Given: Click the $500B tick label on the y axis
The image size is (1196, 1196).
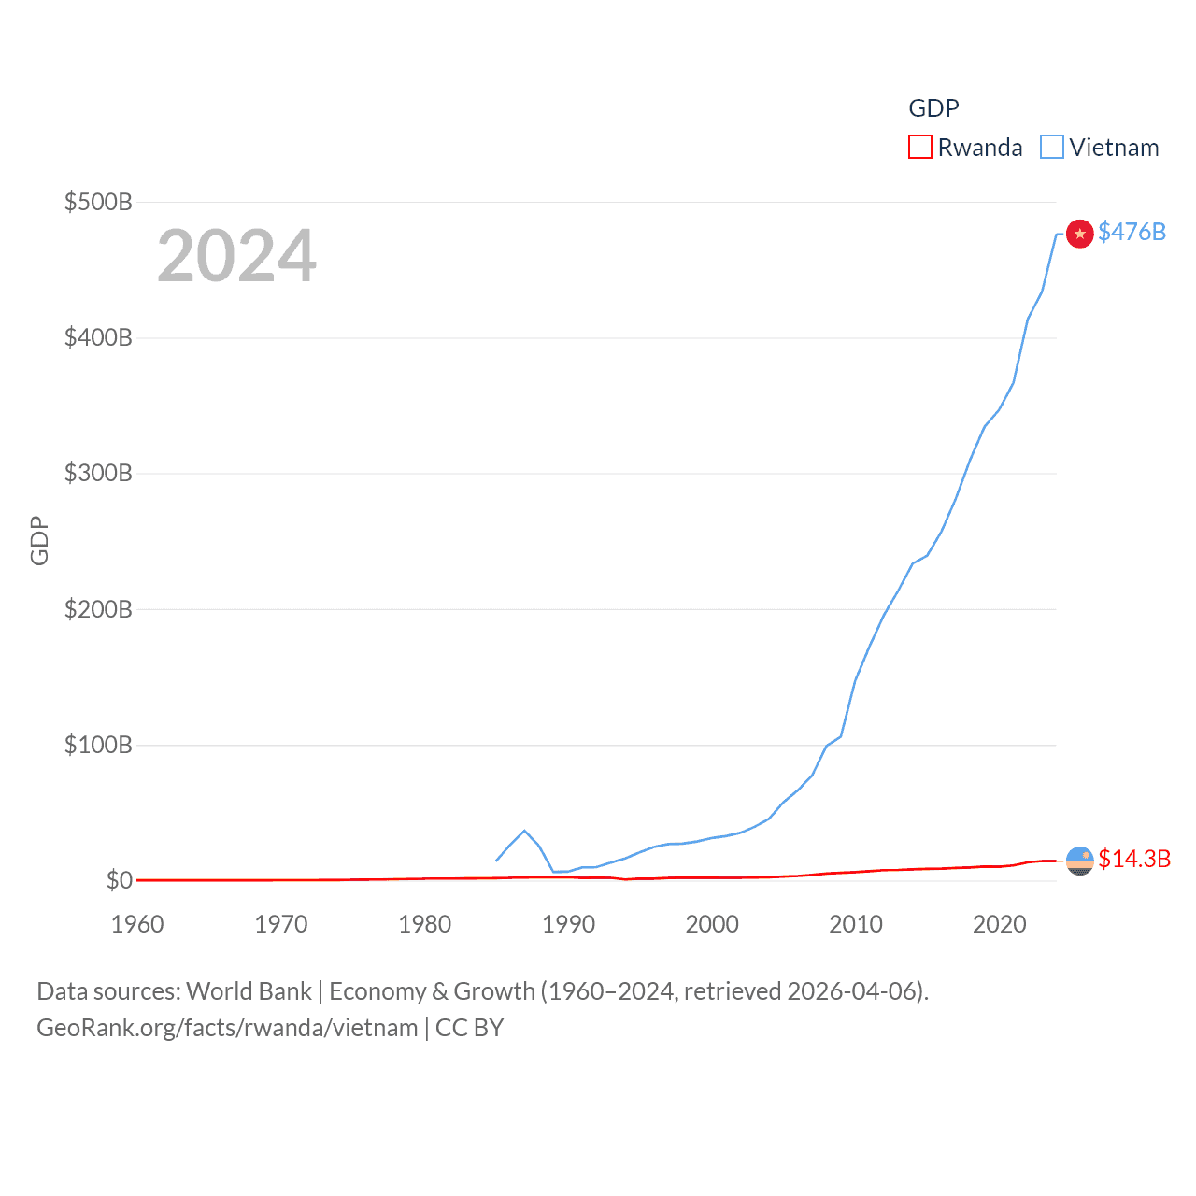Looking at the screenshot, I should tap(97, 202).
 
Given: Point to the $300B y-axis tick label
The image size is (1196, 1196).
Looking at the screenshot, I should tap(97, 473).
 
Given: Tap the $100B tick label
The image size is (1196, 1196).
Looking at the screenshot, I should tap(97, 745).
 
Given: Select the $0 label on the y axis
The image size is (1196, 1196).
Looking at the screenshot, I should tap(119, 880).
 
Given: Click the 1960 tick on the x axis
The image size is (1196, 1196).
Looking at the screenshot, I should tap(137, 924).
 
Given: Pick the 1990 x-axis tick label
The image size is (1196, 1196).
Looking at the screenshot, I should tap(568, 924).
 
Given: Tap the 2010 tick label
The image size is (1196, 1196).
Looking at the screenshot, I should tap(856, 924).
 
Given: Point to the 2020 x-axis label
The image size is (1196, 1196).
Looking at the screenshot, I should tap(1000, 924).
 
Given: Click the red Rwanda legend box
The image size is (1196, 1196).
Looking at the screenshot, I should tap(920, 148).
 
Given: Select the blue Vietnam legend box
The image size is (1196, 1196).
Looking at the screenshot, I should tap(1052, 148).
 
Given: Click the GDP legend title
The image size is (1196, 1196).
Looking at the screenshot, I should tap(933, 108).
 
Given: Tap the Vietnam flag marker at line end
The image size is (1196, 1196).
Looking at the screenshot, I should tap(1079, 233).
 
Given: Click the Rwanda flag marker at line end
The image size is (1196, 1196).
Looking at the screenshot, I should tap(1079, 860).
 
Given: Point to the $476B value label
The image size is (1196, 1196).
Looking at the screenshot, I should tap(1132, 232).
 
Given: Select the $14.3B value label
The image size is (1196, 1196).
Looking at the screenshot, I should tap(1134, 859).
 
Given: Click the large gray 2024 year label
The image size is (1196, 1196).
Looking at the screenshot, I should tap(236, 256).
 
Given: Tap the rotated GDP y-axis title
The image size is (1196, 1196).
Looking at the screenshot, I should tap(39, 540).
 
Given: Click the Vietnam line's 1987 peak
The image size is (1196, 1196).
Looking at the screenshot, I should tap(524, 831).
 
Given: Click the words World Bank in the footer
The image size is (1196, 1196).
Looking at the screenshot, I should tap(249, 990).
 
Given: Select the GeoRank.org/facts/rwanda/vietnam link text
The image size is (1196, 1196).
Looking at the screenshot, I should tap(227, 1028).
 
